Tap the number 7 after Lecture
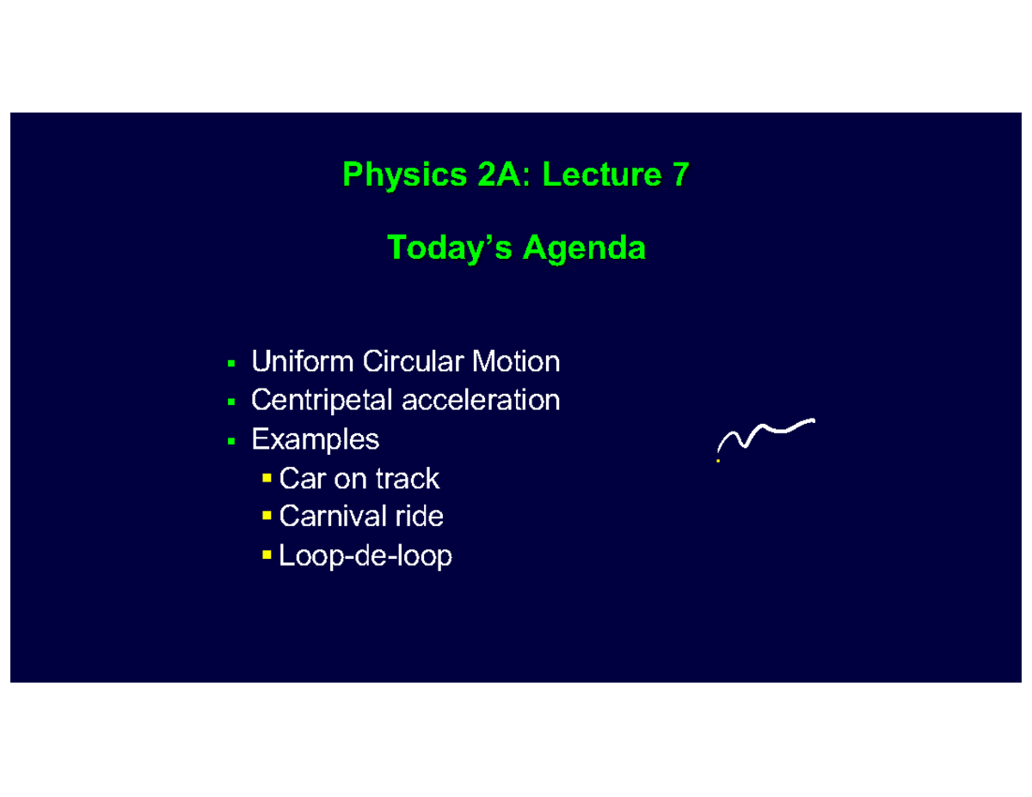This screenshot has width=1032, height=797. click(679, 175)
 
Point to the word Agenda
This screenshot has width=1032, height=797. click(584, 248)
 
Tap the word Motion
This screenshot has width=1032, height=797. click(520, 362)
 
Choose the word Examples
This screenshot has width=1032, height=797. click(315, 440)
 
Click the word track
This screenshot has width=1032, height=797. click(408, 478)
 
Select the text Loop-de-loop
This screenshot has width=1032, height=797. click(365, 556)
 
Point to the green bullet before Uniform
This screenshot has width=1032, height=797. click(230, 363)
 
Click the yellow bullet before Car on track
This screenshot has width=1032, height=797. click(267, 477)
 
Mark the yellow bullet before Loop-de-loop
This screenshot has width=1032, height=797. click(267, 555)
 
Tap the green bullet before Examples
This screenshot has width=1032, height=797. click(230, 441)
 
